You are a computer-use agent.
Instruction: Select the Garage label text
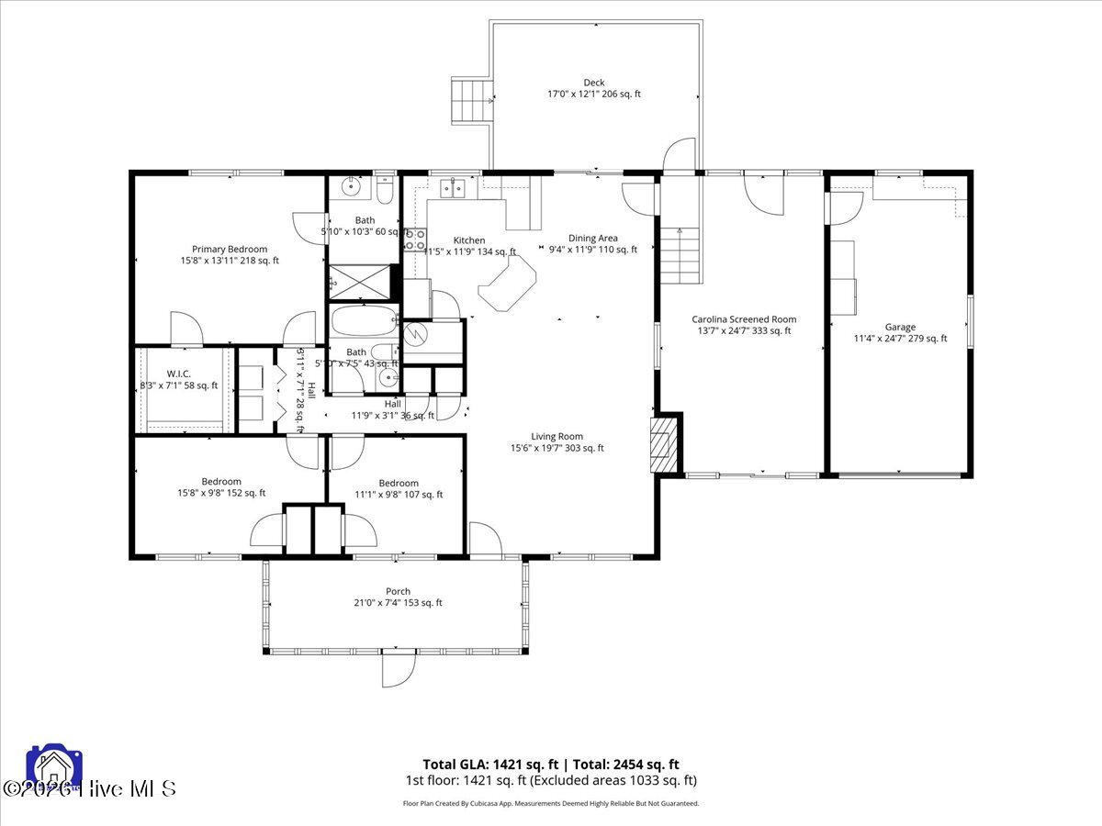pyautogui.click(x=900, y=327)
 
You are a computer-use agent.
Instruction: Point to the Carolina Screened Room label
pyautogui.click(x=744, y=319)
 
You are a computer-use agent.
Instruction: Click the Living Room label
pyautogui.click(x=557, y=437)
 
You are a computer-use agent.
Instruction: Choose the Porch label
pyautogui.click(x=398, y=591)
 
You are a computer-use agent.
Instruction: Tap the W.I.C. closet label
pyautogui.click(x=178, y=374)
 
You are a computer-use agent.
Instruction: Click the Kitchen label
pyautogui.click(x=468, y=240)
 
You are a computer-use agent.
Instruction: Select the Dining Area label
pyautogui.click(x=592, y=239)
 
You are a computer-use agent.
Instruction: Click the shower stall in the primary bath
pyautogui.click(x=358, y=280)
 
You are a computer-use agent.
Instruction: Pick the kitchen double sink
pyautogui.click(x=453, y=188)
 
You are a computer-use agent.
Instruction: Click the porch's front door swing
pyautogui.click(x=399, y=671)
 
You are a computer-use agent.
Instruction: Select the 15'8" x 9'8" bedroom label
pyautogui.click(x=221, y=487)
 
